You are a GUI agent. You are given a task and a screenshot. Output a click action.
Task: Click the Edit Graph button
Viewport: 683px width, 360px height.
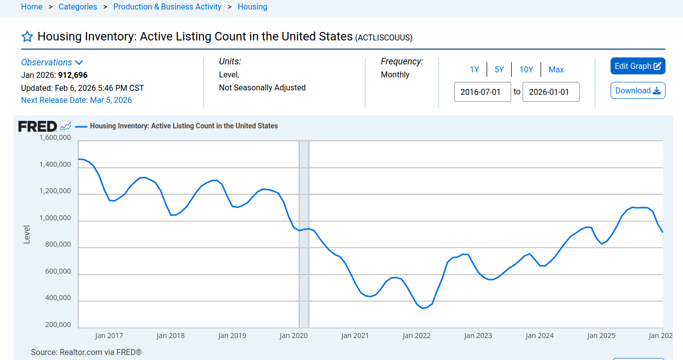(638, 66)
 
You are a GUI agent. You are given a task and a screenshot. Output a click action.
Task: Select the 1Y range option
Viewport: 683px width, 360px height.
(474, 69)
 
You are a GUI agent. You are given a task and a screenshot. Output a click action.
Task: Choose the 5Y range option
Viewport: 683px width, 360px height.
(499, 69)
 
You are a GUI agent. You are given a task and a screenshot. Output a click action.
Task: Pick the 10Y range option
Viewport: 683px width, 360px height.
(526, 69)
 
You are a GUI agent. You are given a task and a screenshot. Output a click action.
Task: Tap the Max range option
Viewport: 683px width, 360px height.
(556, 69)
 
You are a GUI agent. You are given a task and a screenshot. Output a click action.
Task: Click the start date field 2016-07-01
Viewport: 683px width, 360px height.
(482, 92)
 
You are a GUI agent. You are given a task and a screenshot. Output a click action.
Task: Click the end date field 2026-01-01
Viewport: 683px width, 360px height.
(551, 92)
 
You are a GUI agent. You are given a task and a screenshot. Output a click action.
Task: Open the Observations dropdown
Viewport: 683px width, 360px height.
(52, 62)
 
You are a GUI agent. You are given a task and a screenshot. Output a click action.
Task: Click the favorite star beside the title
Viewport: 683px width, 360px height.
(27, 37)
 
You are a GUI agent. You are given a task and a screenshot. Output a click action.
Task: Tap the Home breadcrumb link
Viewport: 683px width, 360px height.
(31, 7)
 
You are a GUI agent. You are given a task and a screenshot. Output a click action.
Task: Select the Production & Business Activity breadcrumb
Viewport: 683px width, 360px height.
(167, 7)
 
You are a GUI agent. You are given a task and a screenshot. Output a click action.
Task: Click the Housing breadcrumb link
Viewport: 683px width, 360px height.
(252, 7)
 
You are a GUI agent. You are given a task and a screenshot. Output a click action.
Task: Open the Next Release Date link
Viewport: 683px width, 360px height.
(76, 100)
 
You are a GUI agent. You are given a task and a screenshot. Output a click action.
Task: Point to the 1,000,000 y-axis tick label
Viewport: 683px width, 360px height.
(55, 218)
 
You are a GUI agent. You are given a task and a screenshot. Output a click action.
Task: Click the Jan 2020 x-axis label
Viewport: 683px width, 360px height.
(293, 336)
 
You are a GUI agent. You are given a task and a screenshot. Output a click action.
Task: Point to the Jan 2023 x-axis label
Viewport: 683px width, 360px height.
(478, 336)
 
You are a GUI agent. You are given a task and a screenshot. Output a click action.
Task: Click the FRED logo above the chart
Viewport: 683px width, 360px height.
(37, 126)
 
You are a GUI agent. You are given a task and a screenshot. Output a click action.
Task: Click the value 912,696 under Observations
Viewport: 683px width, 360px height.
(73, 75)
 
